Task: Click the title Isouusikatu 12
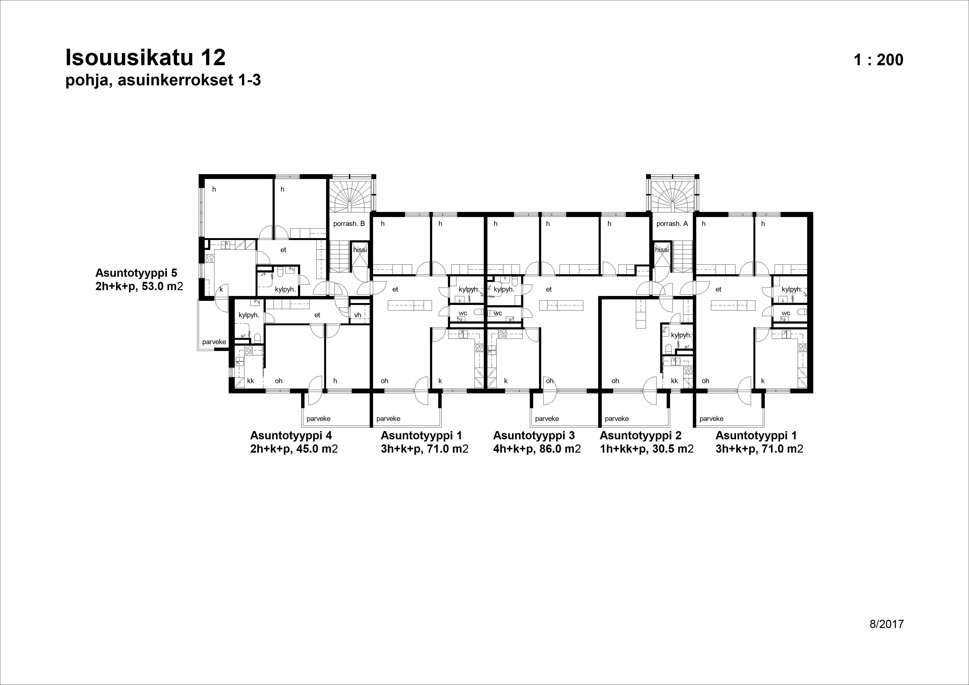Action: click(x=146, y=58)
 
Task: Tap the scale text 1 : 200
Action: click(x=879, y=60)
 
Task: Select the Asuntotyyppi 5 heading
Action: click(x=136, y=272)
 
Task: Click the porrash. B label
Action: click(x=349, y=224)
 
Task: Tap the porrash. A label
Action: click(x=672, y=224)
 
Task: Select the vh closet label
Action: click(x=358, y=315)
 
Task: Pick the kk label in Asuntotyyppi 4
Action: click(x=250, y=381)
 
